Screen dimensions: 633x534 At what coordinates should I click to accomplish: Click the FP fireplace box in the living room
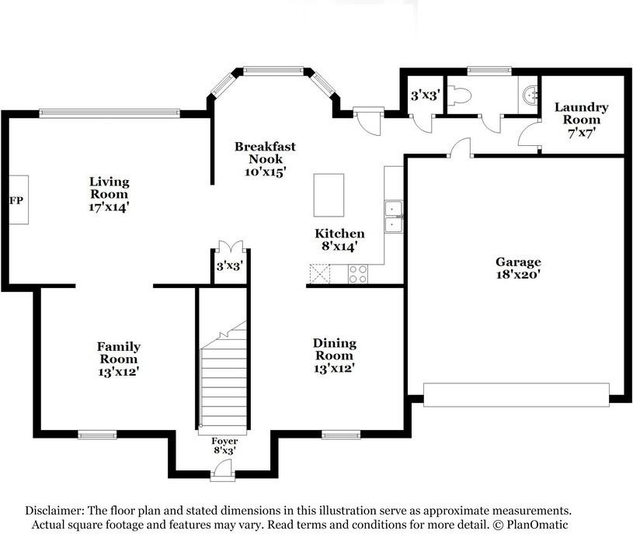pos(19,199)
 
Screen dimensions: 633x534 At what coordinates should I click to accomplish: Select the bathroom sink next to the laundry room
pos(530,95)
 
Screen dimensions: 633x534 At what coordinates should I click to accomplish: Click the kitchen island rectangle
pos(329,196)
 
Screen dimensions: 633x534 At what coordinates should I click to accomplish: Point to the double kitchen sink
pos(393,217)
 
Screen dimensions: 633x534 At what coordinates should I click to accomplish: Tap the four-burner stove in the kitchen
pos(358,274)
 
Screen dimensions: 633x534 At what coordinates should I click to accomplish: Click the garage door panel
pos(516,395)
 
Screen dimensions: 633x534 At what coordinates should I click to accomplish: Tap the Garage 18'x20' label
pos(518,268)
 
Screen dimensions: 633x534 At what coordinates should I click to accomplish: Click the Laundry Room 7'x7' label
pos(581,120)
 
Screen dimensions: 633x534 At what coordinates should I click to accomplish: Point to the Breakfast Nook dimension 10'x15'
pos(265,172)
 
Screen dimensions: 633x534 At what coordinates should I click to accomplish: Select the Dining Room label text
pos(335,349)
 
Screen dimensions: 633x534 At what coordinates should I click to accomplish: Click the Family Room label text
pos(119,352)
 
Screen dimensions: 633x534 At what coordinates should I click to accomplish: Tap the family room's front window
pos(97,435)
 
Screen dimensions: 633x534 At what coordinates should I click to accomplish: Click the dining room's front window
pos(341,435)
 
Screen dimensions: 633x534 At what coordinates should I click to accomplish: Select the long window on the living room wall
pos(110,113)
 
